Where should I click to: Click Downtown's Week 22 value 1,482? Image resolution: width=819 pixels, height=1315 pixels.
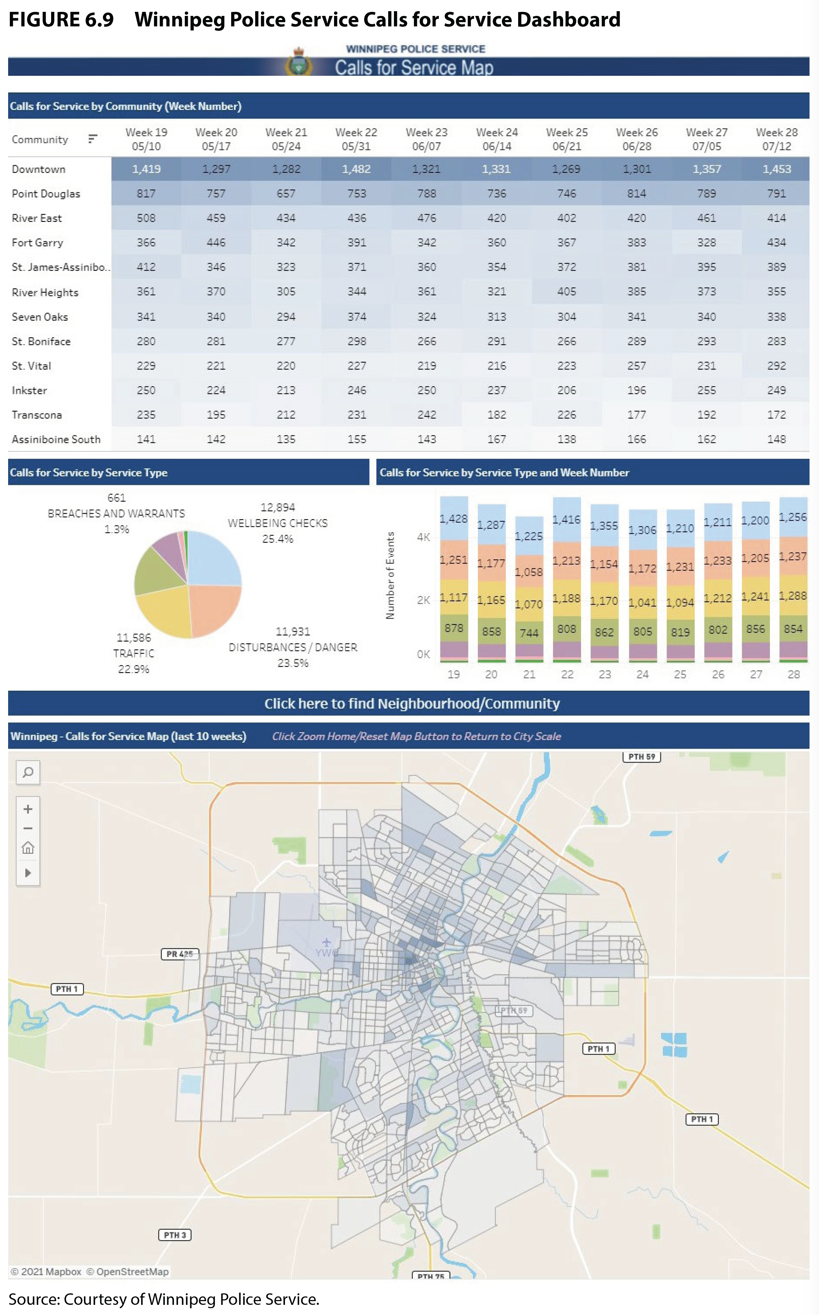356,169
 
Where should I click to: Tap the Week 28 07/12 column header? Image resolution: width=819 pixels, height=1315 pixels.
776,139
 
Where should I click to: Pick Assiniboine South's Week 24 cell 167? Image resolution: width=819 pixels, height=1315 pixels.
496,439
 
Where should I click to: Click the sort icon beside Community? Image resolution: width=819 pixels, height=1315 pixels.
93,139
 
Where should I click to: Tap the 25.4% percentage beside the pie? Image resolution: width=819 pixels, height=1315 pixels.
277,539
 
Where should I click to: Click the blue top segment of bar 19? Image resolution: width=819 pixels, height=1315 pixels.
453,517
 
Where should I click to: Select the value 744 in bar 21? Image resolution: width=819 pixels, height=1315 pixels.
529,632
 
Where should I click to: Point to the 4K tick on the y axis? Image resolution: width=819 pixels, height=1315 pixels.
423,537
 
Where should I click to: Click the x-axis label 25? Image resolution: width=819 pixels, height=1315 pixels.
680,674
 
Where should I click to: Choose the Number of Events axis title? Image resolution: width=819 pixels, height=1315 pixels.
390,575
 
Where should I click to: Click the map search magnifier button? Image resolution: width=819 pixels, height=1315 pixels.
28,772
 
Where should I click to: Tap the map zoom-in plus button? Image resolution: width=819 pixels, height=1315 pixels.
28,809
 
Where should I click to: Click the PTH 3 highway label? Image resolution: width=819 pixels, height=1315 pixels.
174,1235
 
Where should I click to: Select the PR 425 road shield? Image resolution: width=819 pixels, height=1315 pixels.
180,954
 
